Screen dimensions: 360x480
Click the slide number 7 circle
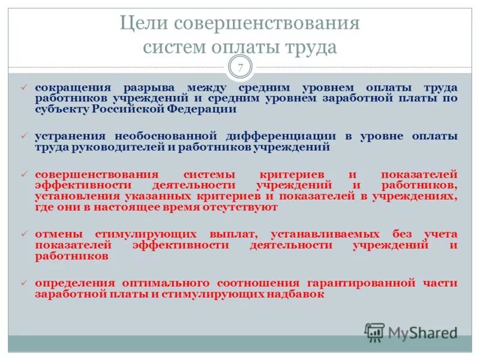[x=240, y=67]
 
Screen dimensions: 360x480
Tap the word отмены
[x=55, y=233]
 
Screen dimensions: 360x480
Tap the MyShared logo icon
[x=374, y=332]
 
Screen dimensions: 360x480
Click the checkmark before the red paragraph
[x=25, y=174]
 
